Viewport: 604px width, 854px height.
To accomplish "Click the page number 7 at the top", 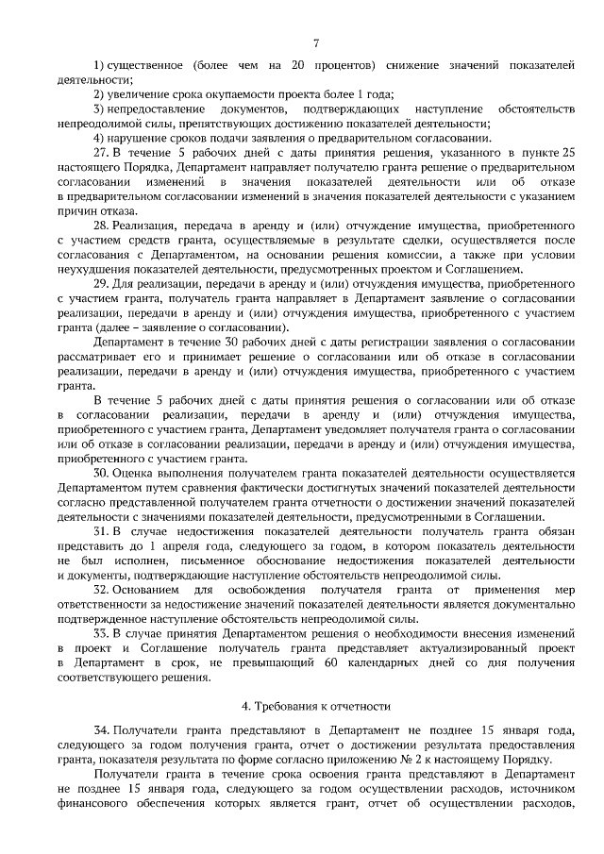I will pos(316,42).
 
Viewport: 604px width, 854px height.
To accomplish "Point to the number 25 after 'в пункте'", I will pos(566,152).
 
